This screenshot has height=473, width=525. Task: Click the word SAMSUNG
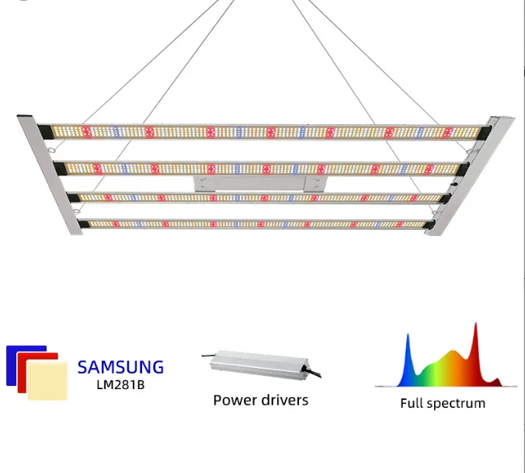120,367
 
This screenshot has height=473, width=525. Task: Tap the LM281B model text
120,384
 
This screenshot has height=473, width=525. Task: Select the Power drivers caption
260,400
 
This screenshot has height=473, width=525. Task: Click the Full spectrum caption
443,403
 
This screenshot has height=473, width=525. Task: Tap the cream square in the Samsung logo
47,381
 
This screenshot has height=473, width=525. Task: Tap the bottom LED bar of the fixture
256,224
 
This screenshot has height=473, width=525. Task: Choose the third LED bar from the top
256,198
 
